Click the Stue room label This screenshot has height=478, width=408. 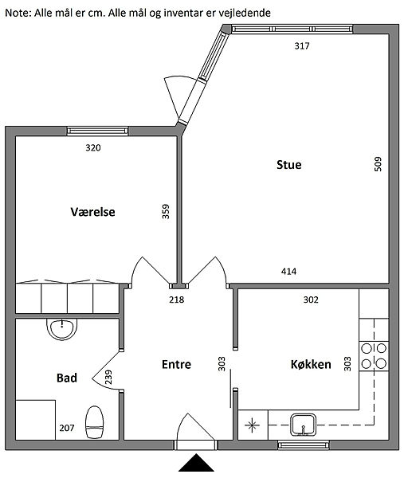288,165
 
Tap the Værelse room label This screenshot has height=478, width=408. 92,212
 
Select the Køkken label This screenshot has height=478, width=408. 311,364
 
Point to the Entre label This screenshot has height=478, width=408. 176,364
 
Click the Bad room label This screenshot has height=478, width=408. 67,378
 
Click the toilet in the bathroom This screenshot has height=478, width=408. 95,422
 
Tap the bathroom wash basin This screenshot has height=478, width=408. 61,329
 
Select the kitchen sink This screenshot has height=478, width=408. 303,425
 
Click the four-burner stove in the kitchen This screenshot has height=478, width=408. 374,356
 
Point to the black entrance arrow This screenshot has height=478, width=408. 196,463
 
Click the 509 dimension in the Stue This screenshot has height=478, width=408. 378,164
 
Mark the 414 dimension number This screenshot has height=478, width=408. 288,271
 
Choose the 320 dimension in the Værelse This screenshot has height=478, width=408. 93,148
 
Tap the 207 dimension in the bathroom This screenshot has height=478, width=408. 67,428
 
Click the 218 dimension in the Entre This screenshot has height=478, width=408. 177,300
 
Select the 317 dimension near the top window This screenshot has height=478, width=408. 302,46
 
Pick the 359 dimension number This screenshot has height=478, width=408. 166,211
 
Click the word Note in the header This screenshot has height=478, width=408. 18,13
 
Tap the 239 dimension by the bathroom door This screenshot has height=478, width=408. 108,377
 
